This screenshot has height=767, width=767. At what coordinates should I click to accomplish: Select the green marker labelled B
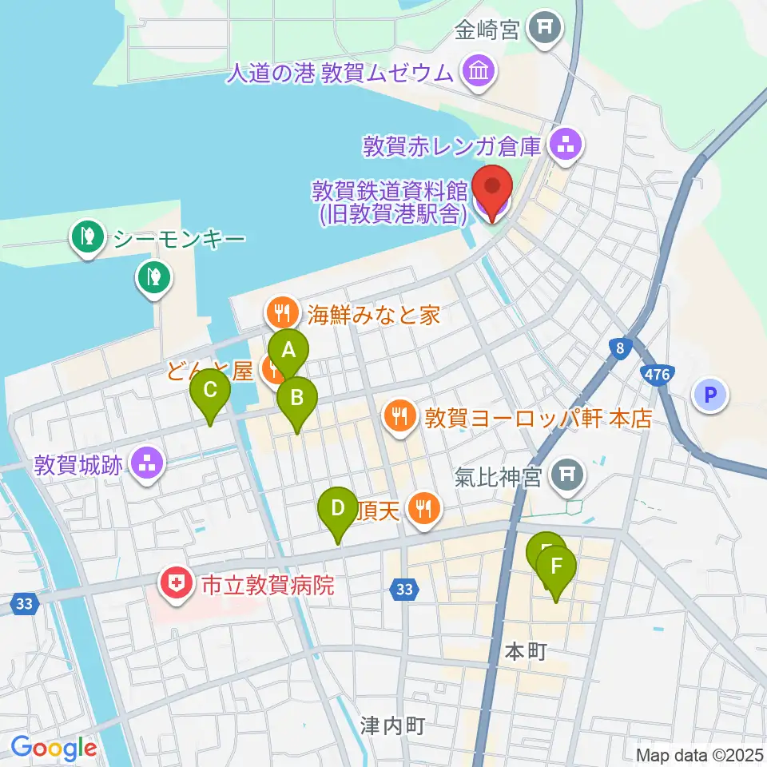pyautogui.click(x=296, y=397)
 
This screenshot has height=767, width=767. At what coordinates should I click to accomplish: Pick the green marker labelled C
pyautogui.click(x=210, y=391)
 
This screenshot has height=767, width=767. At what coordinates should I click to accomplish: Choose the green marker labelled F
pyautogui.click(x=556, y=568)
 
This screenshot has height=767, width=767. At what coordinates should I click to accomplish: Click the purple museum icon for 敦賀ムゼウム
pyautogui.click(x=479, y=73)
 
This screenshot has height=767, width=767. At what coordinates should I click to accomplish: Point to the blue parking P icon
pyautogui.click(x=710, y=394)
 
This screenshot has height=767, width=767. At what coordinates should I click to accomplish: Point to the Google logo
pyautogui.click(x=54, y=749)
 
